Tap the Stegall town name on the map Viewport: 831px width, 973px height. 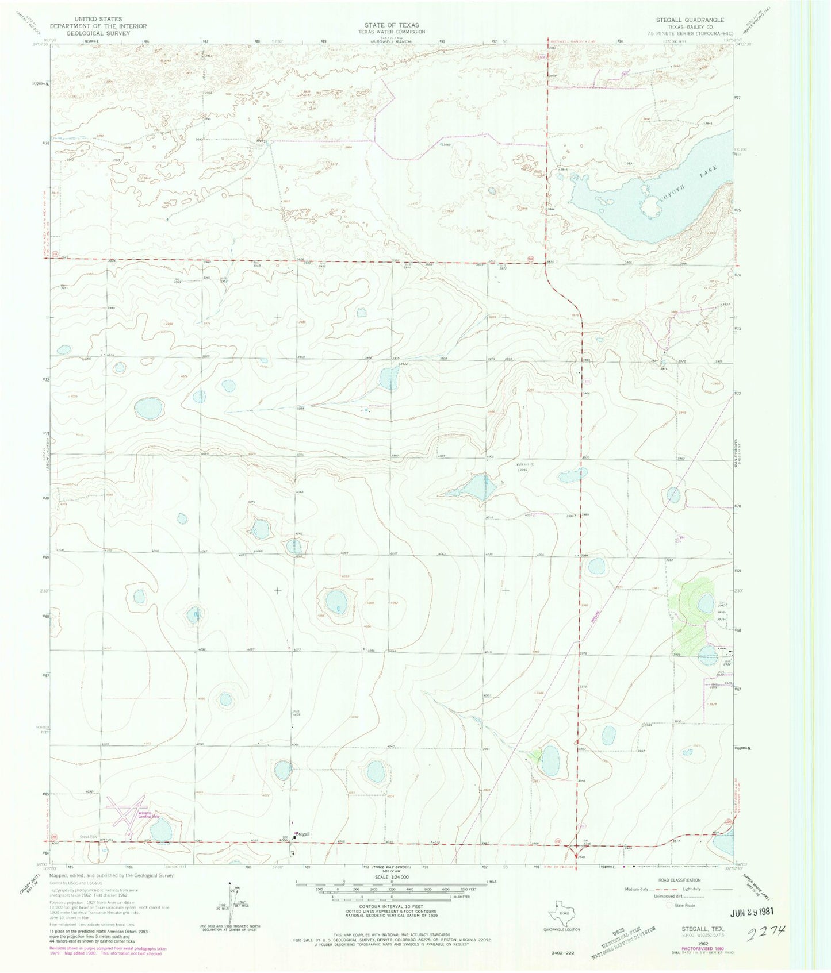[303, 834]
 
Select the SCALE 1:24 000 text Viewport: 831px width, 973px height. [392, 877]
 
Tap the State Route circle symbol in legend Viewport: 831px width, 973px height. [669, 905]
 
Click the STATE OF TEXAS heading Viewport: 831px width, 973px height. [392, 25]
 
